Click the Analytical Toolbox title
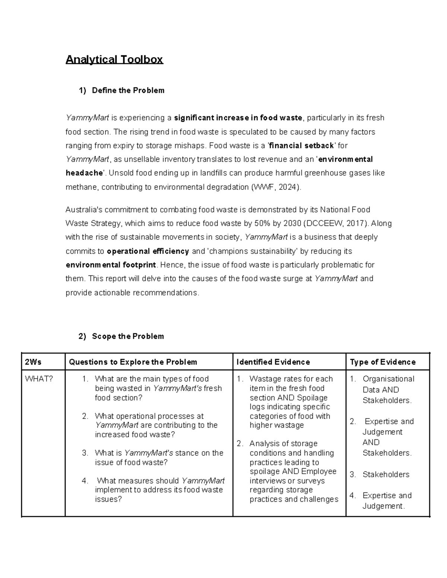click(x=114, y=60)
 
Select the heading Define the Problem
click(x=128, y=90)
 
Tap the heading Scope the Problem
click(x=128, y=336)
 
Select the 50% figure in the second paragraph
click(x=262, y=224)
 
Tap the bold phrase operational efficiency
click(x=148, y=251)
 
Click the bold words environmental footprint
click(x=111, y=265)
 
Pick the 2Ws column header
click(x=33, y=362)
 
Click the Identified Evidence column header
click(x=273, y=362)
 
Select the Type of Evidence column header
click(x=383, y=362)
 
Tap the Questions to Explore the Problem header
click(x=133, y=362)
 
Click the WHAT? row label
click(x=39, y=379)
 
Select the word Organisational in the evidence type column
click(x=388, y=379)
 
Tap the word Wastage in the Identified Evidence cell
click(x=264, y=379)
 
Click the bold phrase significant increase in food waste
click(x=238, y=118)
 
